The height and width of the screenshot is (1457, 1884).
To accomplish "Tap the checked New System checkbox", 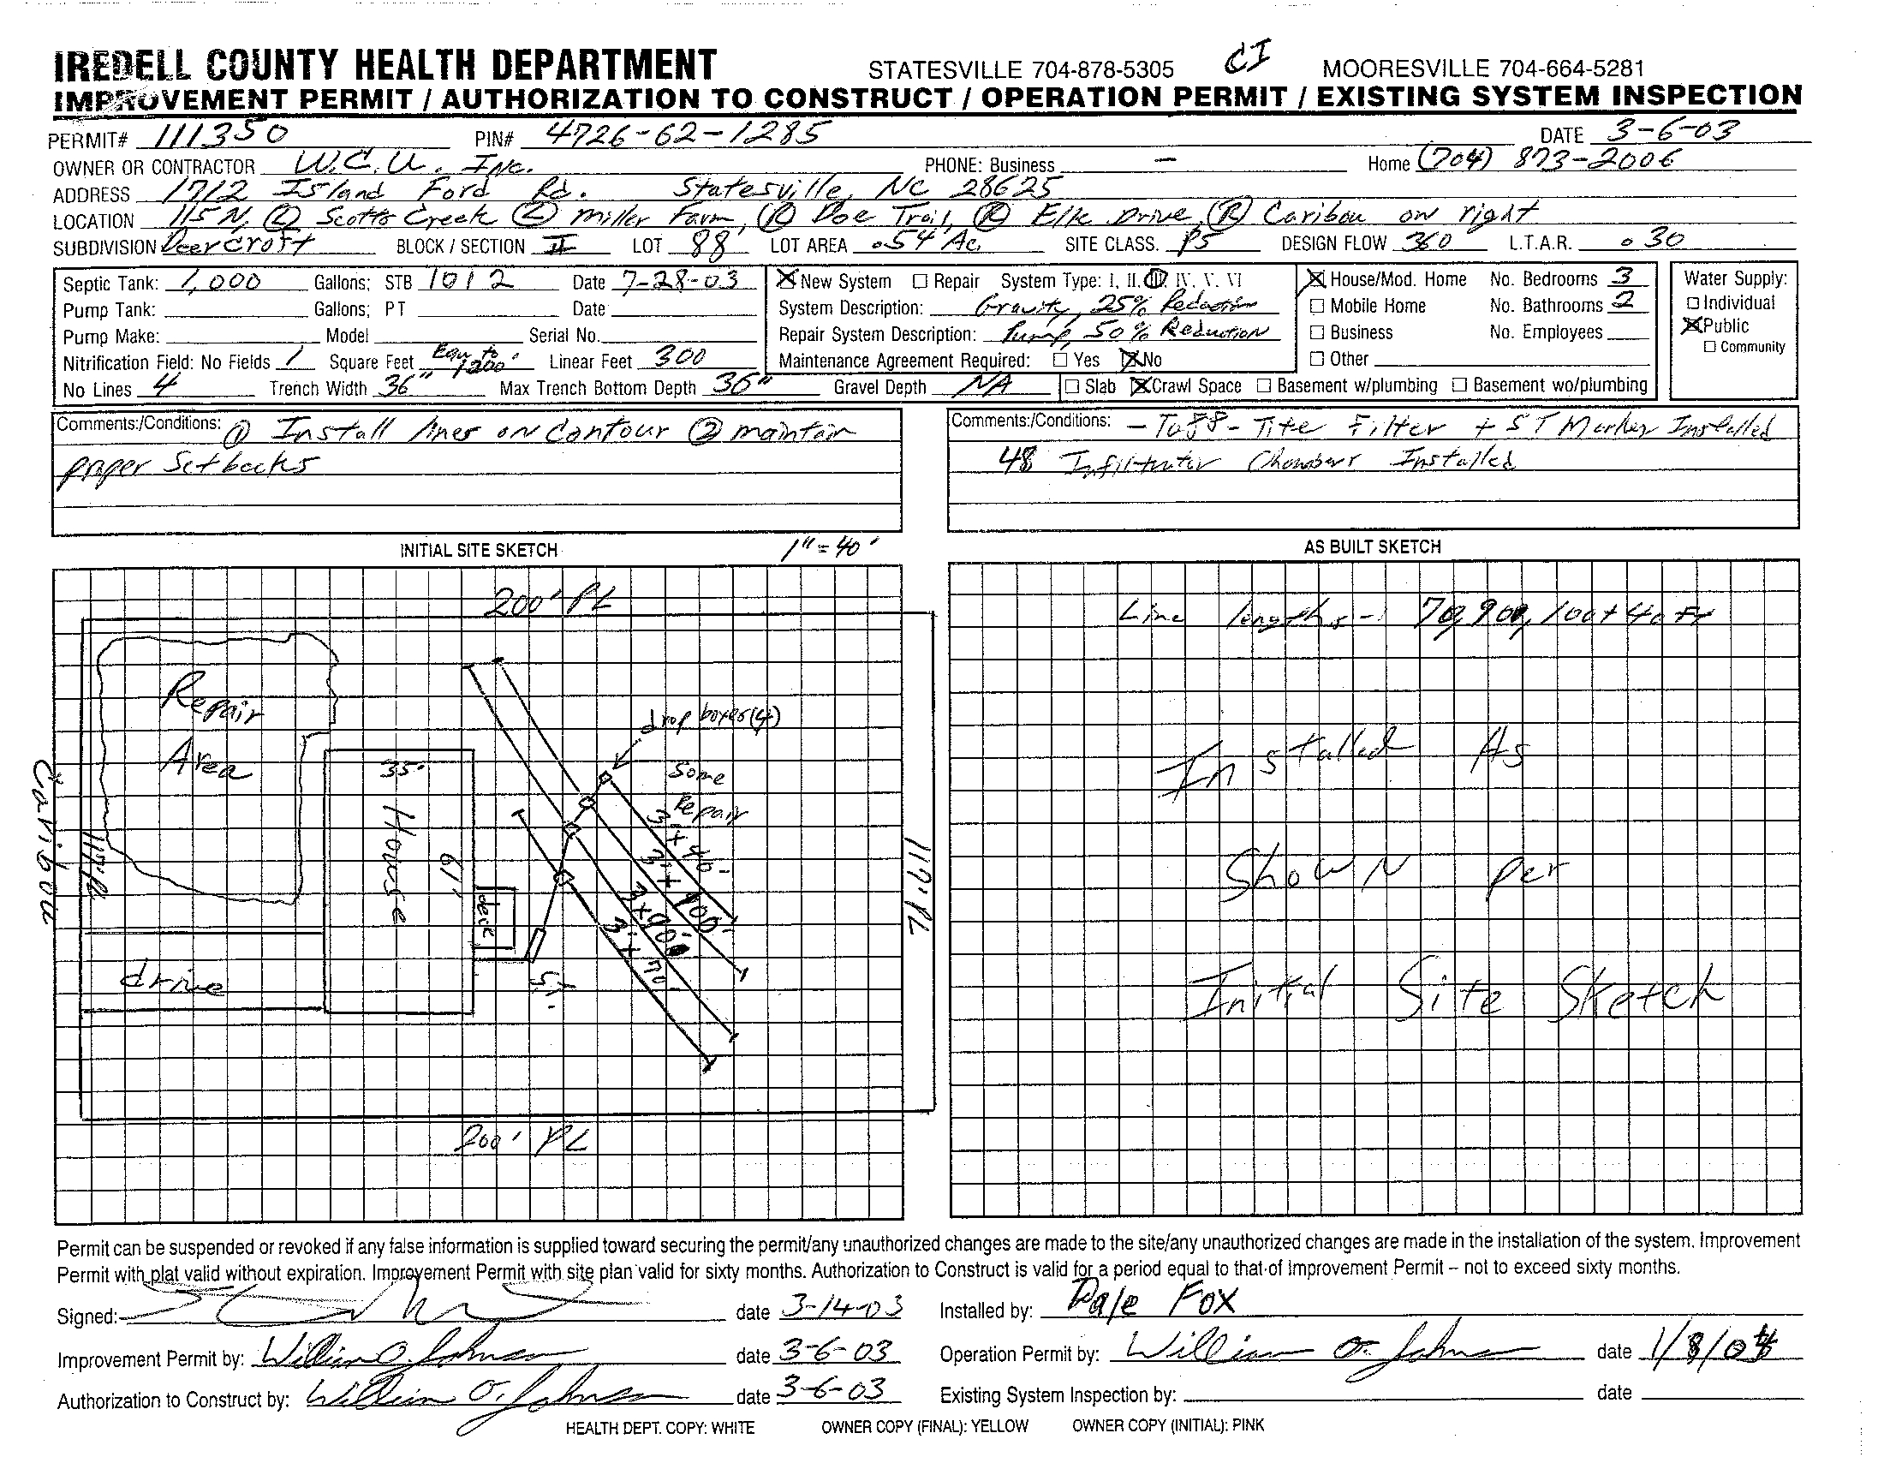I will coord(786,279).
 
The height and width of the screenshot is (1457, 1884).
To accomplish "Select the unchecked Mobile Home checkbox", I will coord(1317,307).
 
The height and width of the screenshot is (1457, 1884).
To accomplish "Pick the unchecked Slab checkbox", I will coord(1072,386).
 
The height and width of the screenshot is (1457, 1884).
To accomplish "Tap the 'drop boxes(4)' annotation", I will coord(712,720).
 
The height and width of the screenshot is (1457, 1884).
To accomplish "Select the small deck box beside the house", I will coord(494,923).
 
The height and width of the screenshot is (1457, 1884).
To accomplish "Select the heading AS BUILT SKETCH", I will coord(1373,547).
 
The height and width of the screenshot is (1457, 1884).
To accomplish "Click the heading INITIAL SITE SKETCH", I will coord(478,551).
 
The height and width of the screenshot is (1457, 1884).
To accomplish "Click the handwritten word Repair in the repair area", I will coord(211,698).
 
